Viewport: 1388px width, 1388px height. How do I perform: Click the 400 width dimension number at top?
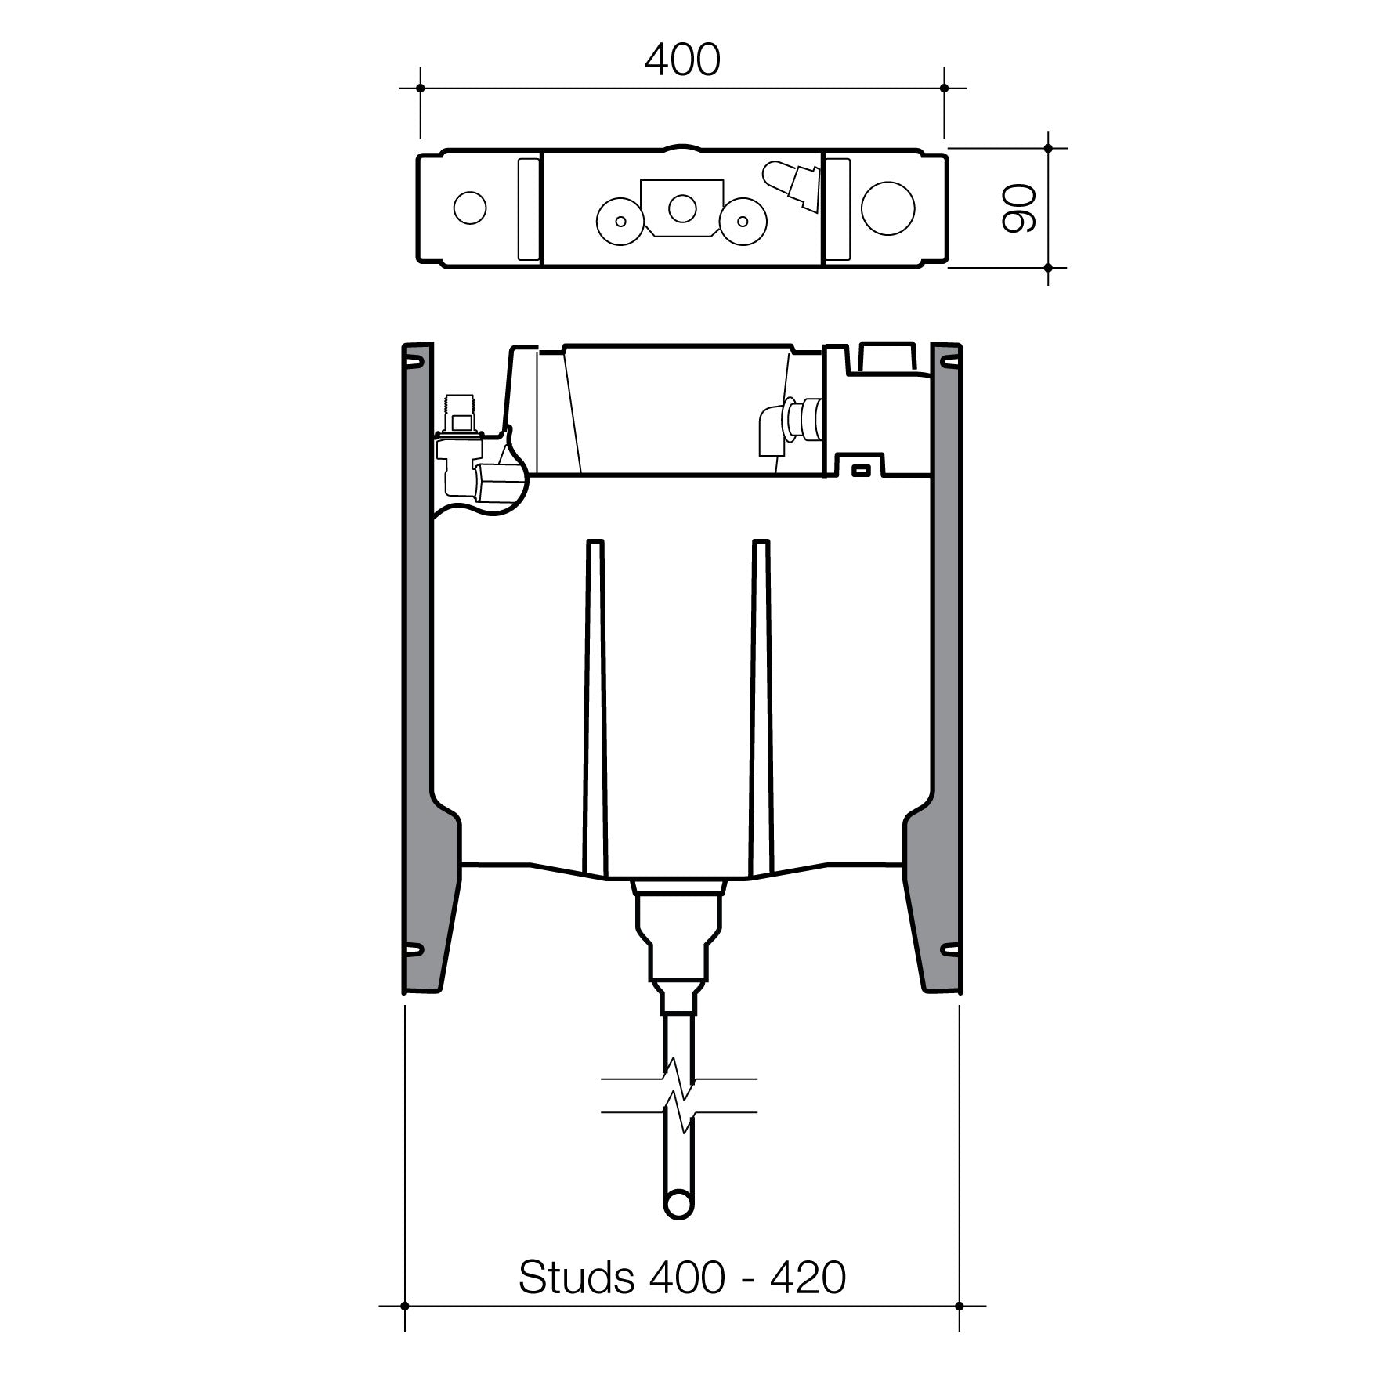pos(681,60)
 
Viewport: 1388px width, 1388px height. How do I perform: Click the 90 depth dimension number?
pos(1018,209)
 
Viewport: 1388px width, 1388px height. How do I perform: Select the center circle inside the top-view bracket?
pos(681,208)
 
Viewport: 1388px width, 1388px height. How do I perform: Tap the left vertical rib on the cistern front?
pos(595,705)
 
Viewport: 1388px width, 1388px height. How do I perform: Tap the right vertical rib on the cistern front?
pos(761,705)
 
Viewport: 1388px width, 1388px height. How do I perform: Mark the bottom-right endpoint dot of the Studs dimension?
pos(960,1306)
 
